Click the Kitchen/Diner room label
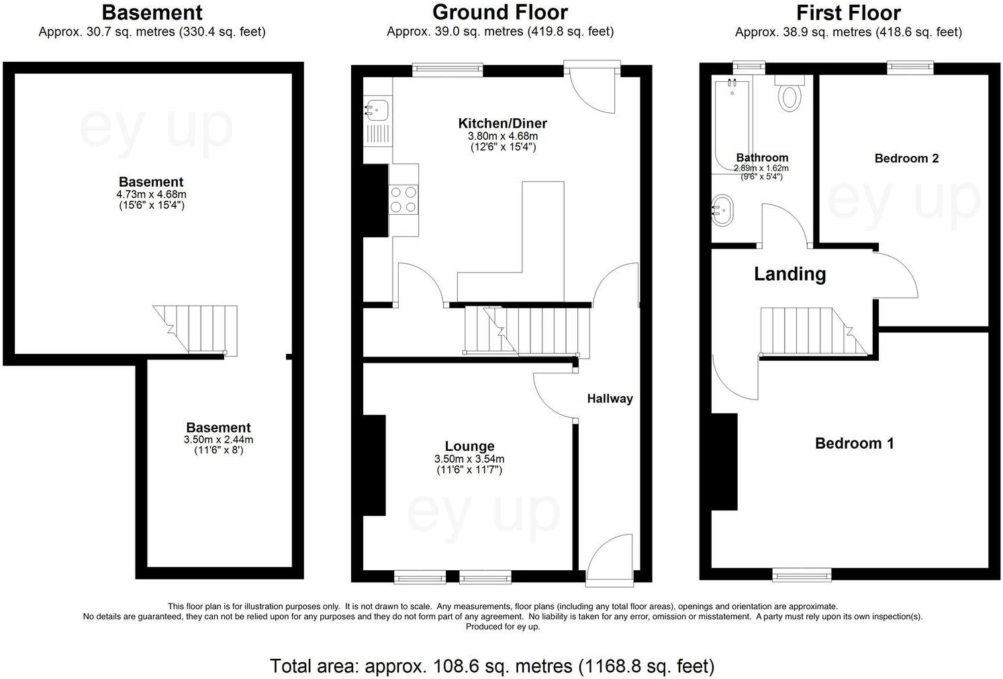coord(502,124)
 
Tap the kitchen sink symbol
coord(377,107)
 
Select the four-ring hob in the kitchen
coord(403,199)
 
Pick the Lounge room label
coord(469,446)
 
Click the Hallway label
coord(610,398)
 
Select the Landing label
coord(790,274)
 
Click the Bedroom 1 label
coord(854,443)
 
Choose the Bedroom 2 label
coord(906,159)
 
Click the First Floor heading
coord(848,13)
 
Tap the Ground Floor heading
coord(499,13)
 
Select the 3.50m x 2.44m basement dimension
coord(218,440)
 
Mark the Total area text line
coord(491,666)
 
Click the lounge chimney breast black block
coord(374,465)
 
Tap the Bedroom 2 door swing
coord(896,275)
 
